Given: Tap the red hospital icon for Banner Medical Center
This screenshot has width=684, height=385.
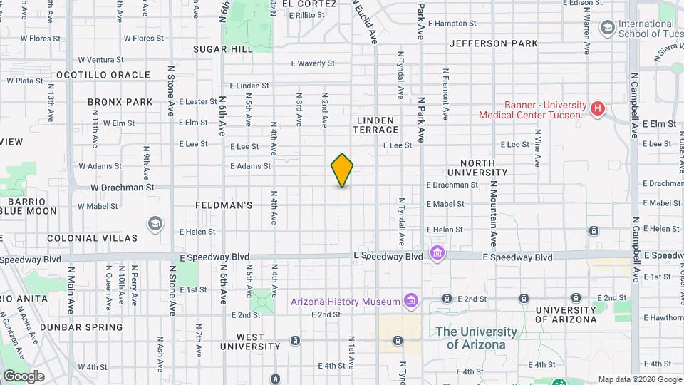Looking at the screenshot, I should [597, 109].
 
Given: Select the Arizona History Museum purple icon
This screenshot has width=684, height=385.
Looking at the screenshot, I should [410, 301].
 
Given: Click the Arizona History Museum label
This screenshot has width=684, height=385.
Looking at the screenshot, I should [346, 302].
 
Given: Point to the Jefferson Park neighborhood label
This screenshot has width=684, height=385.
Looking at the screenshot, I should [494, 43].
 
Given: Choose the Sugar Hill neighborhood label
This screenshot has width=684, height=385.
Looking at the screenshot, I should [223, 49].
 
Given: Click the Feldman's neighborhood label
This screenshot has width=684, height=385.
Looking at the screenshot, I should [224, 205].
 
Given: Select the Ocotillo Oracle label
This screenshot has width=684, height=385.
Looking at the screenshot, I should [103, 75].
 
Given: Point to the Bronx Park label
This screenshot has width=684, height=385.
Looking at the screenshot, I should [120, 102].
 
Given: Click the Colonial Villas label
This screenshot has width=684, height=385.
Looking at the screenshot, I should [93, 237].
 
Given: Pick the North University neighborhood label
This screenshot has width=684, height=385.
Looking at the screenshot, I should [477, 168].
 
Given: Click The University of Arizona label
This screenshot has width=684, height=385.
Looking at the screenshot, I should [477, 338].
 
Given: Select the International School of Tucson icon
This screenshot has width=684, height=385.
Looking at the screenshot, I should [608, 28].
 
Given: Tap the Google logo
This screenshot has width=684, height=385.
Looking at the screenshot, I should [24, 376].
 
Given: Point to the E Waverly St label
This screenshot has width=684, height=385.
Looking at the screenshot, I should [313, 63].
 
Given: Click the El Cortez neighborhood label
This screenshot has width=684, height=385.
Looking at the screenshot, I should [309, 4].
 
